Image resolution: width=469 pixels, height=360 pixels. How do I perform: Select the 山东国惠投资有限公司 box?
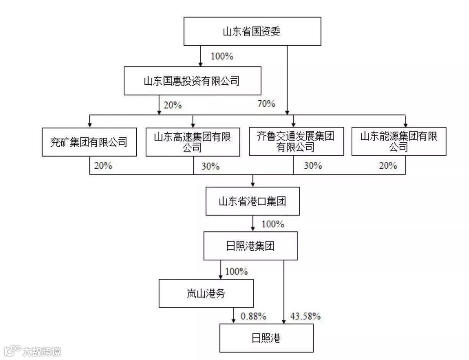pyautogui.click(x=192, y=81)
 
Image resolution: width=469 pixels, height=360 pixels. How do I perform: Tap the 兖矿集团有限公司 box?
pyautogui.click(x=89, y=142)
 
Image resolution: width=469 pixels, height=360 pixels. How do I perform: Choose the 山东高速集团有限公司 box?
pyautogui.click(x=193, y=142)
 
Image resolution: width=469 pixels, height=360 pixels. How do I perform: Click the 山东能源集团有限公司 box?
pyautogui.click(x=399, y=142)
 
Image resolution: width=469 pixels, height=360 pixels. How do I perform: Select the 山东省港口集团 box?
pyautogui.click(x=253, y=201)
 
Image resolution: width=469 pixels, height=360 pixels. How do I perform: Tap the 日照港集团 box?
pyautogui.click(x=251, y=246)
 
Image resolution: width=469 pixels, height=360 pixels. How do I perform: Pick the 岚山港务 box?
pyautogui.click(x=206, y=293)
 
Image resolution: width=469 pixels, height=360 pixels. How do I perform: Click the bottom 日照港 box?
pyautogui.click(x=266, y=338)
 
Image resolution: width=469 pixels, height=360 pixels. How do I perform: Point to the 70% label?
pyautogui.click(x=266, y=103)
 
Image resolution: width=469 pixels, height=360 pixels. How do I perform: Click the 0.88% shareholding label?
pyautogui.click(x=253, y=316)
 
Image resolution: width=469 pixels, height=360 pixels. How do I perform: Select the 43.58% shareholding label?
pyautogui.click(x=306, y=316)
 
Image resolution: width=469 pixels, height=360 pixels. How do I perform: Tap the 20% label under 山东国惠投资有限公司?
pyautogui.click(x=172, y=105)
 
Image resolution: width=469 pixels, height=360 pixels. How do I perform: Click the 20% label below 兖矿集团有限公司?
pyautogui.click(x=103, y=165)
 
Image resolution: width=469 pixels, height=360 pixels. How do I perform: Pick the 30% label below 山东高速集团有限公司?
pyautogui.click(x=211, y=166)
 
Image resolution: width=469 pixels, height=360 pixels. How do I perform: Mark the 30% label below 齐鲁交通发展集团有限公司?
pyautogui.click(x=313, y=165)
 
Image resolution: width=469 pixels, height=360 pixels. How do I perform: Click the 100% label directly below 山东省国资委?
pyautogui.click(x=222, y=56)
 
